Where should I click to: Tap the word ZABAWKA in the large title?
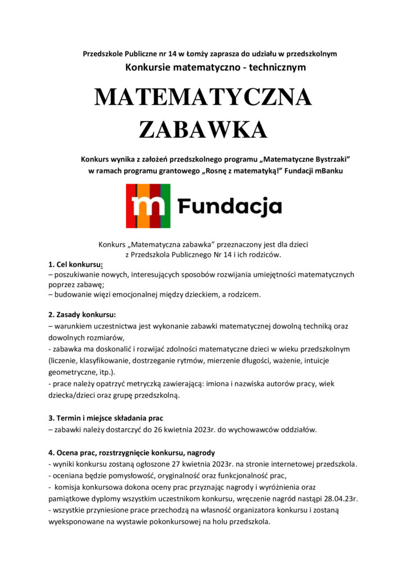[x=203, y=129]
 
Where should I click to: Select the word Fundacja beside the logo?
[x=230, y=207]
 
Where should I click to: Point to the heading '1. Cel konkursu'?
[x=75, y=264]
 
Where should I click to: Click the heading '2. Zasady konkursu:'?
[x=82, y=314]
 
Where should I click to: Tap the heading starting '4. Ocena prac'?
[x=132, y=452]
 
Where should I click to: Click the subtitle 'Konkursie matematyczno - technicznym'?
[x=215, y=68]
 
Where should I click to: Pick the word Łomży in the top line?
[x=199, y=54]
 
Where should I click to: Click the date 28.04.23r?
[x=342, y=498]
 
